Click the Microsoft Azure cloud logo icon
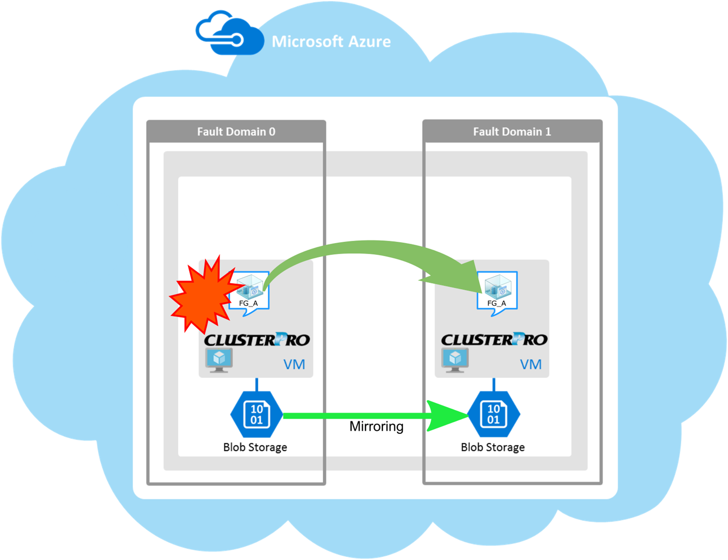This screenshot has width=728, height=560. [229, 34]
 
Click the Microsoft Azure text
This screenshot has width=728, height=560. [331, 41]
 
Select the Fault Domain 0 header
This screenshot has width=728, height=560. [236, 132]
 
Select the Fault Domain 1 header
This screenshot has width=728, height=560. [512, 132]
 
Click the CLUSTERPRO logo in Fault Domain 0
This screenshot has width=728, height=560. [257, 340]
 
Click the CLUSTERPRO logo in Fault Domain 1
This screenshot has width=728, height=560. [494, 340]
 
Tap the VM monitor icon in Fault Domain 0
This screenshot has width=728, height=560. [219, 360]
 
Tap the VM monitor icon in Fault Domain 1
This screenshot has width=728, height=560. [455, 360]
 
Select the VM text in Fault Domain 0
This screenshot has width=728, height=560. [294, 365]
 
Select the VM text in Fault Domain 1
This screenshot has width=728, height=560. [530, 365]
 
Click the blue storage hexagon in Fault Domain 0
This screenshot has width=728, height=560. [257, 415]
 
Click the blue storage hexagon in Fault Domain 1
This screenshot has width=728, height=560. [494, 415]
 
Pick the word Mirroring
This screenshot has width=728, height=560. [376, 426]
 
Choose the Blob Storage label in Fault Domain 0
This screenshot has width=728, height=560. [255, 447]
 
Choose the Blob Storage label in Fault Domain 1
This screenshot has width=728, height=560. [493, 447]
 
